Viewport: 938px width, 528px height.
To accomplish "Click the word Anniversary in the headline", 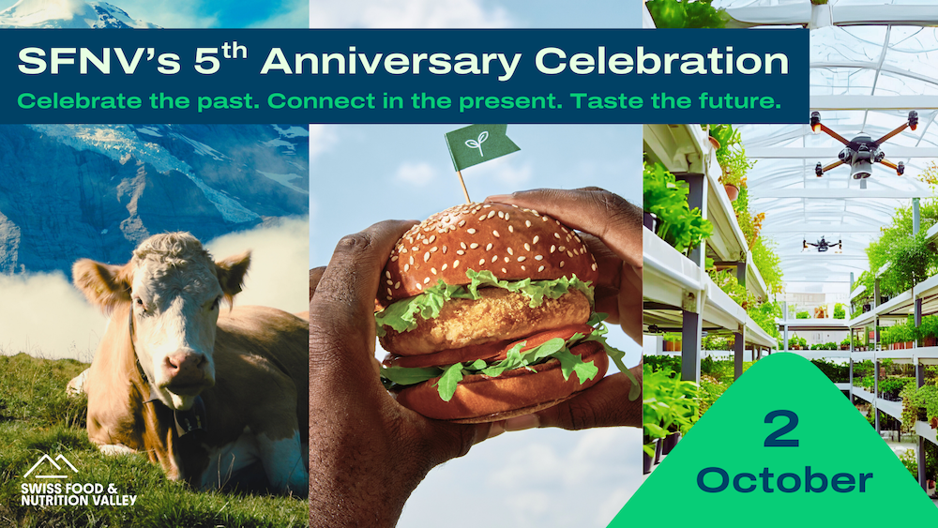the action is click(x=392, y=63).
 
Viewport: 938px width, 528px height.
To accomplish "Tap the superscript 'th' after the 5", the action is click(x=235, y=52).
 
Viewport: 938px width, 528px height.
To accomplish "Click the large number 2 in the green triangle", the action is click(x=782, y=429).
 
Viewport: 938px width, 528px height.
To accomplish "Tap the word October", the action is click(x=784, y=479).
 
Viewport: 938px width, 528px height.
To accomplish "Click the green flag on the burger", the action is click(x=479, y=146).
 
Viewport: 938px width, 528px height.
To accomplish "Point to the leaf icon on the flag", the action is click(x=477, y=143).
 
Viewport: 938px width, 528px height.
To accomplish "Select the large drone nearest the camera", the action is click(x=861, y=147).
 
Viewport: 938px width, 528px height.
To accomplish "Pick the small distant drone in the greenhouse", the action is click(x=822, y=244).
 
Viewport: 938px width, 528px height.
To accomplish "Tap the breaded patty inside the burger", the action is click(x=486, y=321).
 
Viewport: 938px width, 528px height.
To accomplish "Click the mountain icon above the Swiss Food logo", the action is click(x=51, y=466).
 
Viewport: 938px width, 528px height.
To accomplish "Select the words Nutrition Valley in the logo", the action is click(x=79, y=500).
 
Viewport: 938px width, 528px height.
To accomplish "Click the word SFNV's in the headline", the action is click(x=98, y=61).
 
